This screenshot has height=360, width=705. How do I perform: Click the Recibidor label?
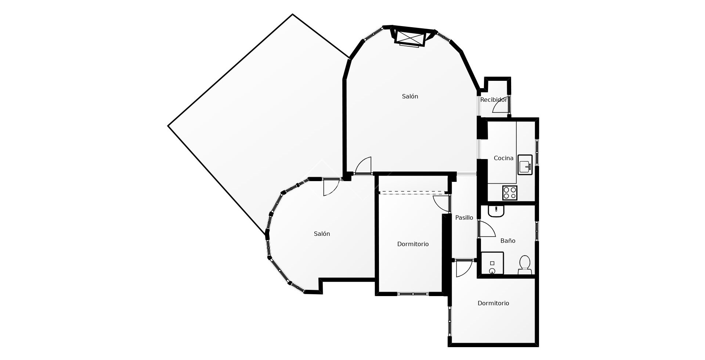pyautogui.click(x=493, y=100)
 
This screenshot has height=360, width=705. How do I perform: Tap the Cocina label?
pyautogui.click(x=503, y=158)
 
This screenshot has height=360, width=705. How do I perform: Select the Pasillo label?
pyautogui.click(x=464, y=217)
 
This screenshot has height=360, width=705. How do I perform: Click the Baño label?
pyautogui.click(x=508, y=241)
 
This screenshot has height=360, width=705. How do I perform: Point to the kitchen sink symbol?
pyautogui.click(x=525, y=165)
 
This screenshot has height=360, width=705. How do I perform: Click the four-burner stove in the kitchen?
pyautogui.click(x=510, y=192)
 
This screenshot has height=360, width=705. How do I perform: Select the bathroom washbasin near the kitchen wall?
pyautogui.click(x=496, y=211)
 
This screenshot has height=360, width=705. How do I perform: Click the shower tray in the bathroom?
pyautogui.click(x=492, y=263)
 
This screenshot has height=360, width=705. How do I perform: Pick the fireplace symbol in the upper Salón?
pyautogui.click(x=410, y=37)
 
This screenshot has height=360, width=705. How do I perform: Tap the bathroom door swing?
pyautogui.click(x=487, y=229)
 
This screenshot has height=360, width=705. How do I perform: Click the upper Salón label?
pyautogui.click(x=410, y=96)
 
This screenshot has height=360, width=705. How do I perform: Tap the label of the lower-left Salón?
pyautogui.click(x=322, y=234)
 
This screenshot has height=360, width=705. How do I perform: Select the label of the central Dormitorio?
pyautogui.click(x=413, y=244)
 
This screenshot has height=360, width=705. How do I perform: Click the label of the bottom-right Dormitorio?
pyautogui.click(x=493, y=303)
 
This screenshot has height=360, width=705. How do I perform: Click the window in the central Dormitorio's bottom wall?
pyautogui.click(x=413, y=294)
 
